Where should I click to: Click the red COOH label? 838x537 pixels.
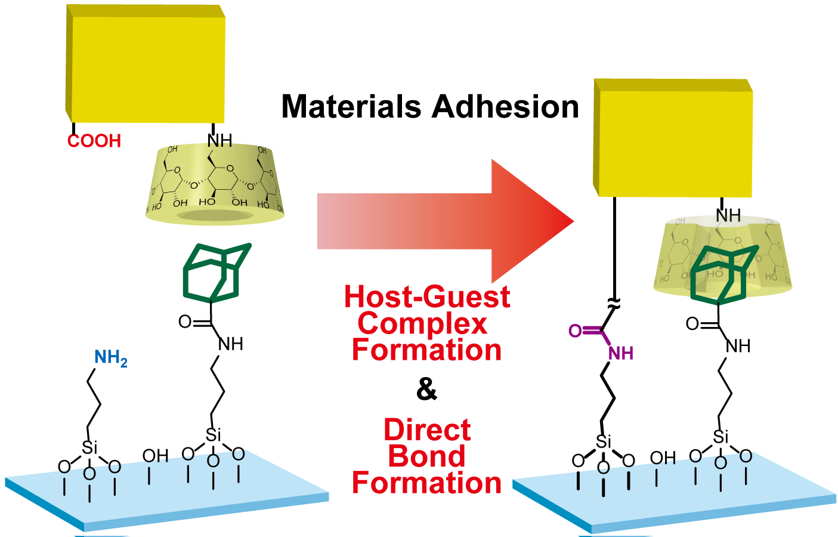(x=94, y=141)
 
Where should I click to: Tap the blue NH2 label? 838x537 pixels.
(x=110, y=357)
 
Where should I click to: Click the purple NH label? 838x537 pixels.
(x=620, y=353)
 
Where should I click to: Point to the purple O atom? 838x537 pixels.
(x=575, y=331)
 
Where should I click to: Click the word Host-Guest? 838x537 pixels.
(x=427, y=297)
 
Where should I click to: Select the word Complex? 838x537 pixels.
(x=422, y=323)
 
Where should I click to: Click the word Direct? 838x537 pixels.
(x=427, y=430)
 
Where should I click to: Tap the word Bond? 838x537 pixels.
(x=426, y=456)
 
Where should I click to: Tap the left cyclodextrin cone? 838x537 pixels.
(x=215, y=185)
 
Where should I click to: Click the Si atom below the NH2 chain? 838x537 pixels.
(x=89, y=447)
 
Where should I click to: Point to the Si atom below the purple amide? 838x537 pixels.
(x=604, y=442)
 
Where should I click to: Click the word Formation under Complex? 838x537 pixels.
(x=426, y=350)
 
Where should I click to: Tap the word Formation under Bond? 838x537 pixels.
(x=426, y=483)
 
